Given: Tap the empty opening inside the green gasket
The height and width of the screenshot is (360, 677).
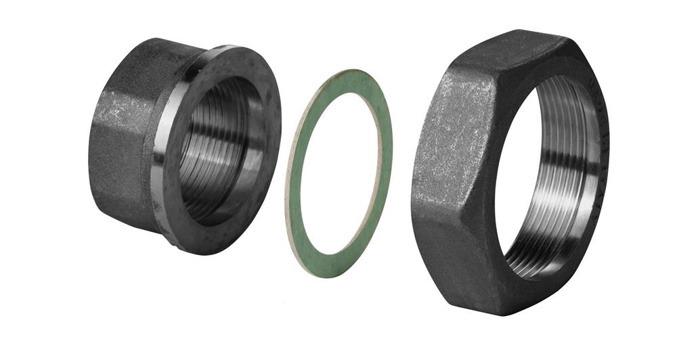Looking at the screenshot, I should [338, 173].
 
